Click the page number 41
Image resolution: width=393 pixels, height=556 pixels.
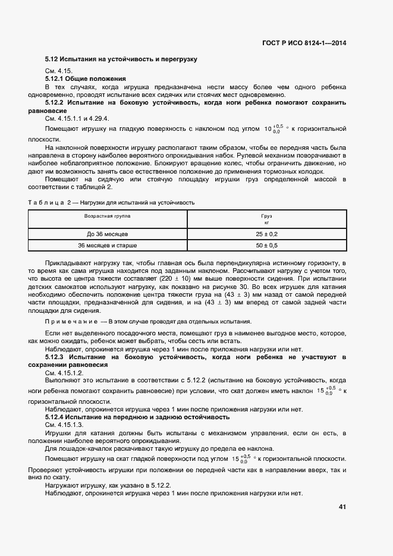pyautogui.click(x=342, y=507)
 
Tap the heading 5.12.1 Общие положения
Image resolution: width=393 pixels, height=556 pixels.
pyautogui.click(x=86, y=78)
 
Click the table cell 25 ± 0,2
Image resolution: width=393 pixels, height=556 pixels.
pyautogui.click(x=266, y=234)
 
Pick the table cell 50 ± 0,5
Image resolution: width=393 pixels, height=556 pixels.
pyautogui.click(x=266, y=245)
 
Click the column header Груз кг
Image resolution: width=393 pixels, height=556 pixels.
pyautogui.click(x=266, y=219)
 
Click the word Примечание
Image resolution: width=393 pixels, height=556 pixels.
pyautogui.click(x=72, y=321)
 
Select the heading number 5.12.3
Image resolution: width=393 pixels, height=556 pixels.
pyautogui.click(x=56, y=356)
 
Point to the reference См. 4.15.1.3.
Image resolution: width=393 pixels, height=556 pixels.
pyautogui.click(x=64, y=426)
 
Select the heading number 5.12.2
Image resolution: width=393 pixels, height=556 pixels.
pyautogui.click(x=56, y=103)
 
